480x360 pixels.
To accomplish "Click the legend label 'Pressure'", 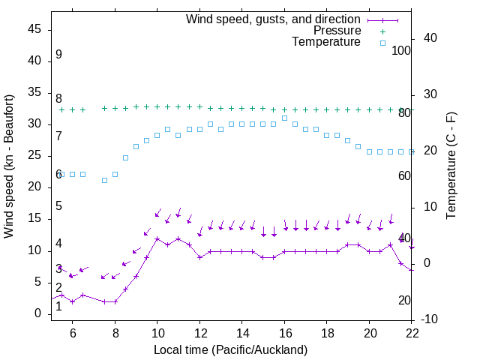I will pyautogui.click(x=337, y=31).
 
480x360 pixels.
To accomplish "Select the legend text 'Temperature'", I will pyautogui.click(x=326, y=42).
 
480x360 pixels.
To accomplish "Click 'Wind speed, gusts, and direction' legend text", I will pyautogui.click(x=273, y=19).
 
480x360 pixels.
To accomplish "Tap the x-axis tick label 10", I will pyautogui.click(x=157, y=333).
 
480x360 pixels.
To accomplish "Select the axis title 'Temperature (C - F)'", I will pyautogui.click(x=451, y=166).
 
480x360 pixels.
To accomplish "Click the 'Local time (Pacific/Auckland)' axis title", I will pyautogui.click(x=231, y=349).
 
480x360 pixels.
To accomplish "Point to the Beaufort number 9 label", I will pyautogui.click(x=58, y=55).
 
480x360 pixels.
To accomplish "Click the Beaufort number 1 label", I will pyautogui.click(x=58, y=307).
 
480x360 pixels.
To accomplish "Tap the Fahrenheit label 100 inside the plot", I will pyautogui.click(x=401, y=51).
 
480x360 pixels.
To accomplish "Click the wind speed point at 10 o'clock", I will pyautogui.click(x=157, y=238).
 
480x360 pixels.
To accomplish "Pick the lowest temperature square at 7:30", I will pyautogui.click(x=104, y=180).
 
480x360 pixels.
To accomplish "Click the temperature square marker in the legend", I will pyautogui.click(x=382, y=43).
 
